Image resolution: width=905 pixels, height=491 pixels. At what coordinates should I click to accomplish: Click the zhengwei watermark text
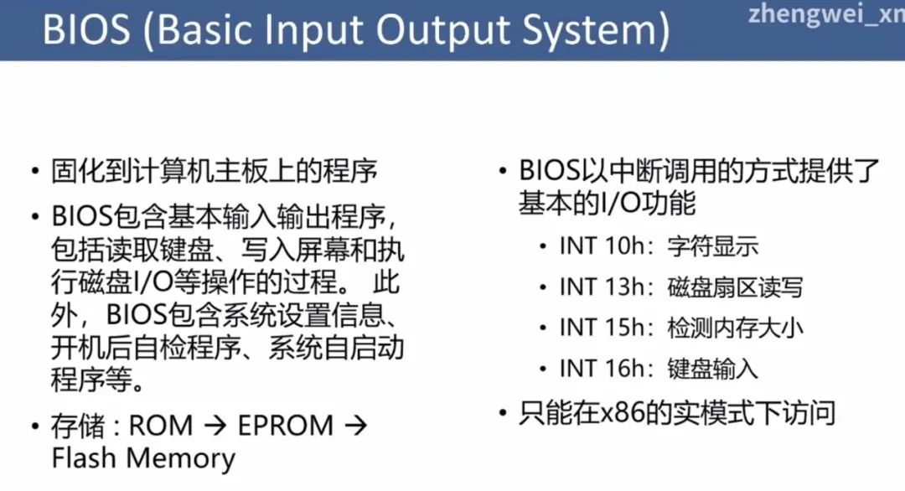(x=826, y=14)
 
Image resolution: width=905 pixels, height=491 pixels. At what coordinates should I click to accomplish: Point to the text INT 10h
(x=602, y=246)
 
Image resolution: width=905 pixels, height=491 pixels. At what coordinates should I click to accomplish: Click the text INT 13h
(x=602, y=287)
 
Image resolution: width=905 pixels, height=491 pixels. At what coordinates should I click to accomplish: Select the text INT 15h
(x=602, y=328)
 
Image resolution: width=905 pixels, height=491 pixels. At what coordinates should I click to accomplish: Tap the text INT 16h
(x=602, y=369)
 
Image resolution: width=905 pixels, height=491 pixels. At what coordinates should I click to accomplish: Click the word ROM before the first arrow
(x=160, y=426)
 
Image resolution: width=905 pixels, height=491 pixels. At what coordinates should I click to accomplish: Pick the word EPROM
(x=286, y=426)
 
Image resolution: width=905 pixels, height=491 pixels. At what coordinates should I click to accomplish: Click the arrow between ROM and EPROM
(x=215, y=426)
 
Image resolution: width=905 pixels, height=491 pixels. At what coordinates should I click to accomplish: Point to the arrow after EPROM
(x=355, y=426)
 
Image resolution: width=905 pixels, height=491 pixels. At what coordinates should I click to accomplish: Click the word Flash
(x=84, y=458)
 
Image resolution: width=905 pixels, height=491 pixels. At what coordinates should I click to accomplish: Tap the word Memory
(x=181, y=460)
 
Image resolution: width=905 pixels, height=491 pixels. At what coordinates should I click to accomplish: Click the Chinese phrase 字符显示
(x=713, y=246)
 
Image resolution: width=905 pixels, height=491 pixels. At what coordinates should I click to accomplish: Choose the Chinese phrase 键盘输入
(x=713, y=369)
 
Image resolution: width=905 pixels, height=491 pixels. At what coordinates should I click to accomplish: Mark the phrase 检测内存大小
(x=736, y=328)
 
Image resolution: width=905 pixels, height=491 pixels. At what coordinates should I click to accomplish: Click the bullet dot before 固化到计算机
(x=36, y=172)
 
